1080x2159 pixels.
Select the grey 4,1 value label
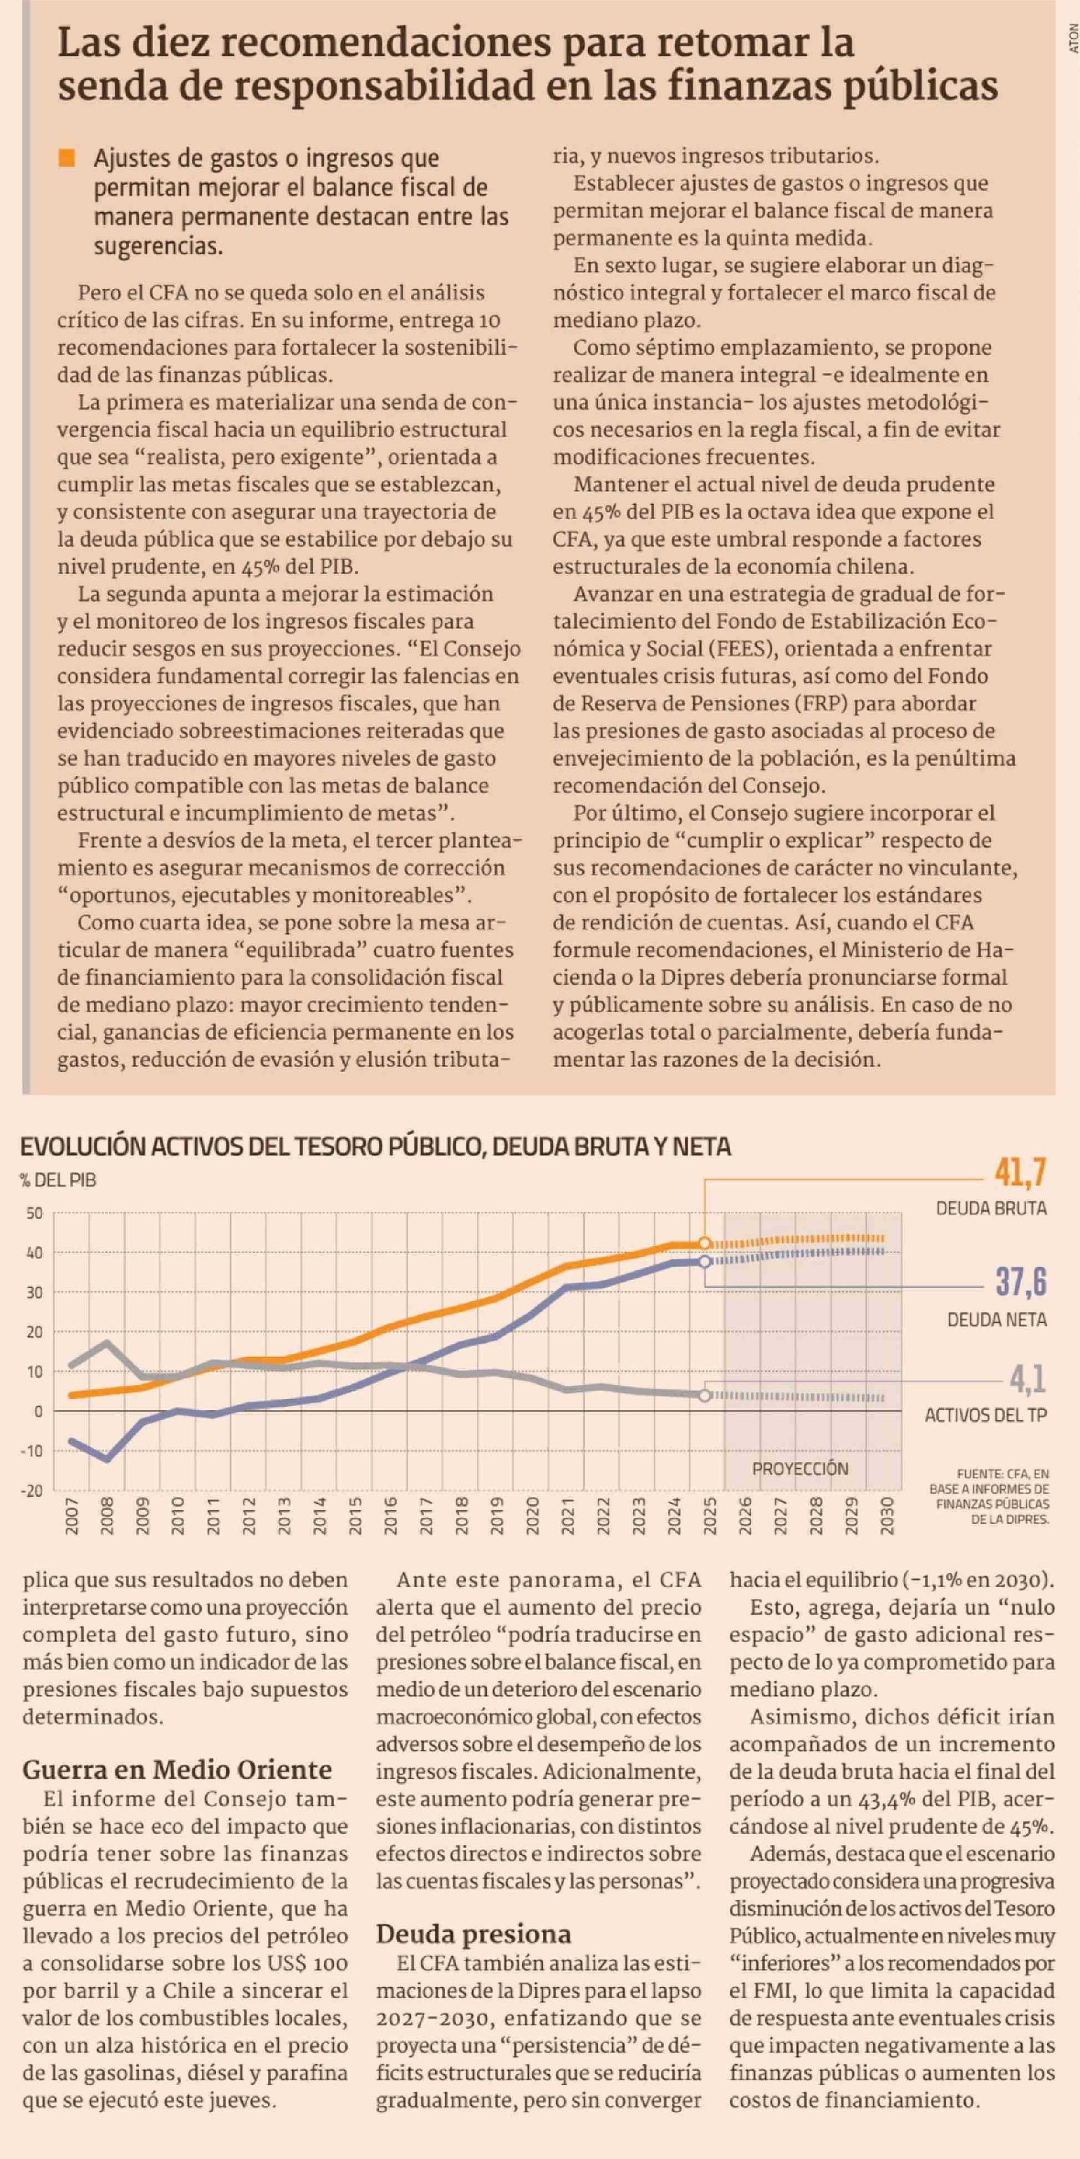tap(1027, 1379)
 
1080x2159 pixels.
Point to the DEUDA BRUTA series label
tap(991, 1209)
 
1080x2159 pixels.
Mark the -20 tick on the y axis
tap(32, 1490)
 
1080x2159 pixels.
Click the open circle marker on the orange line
tap(704, 1243)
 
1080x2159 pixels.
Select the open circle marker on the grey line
tap(704, 1395)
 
